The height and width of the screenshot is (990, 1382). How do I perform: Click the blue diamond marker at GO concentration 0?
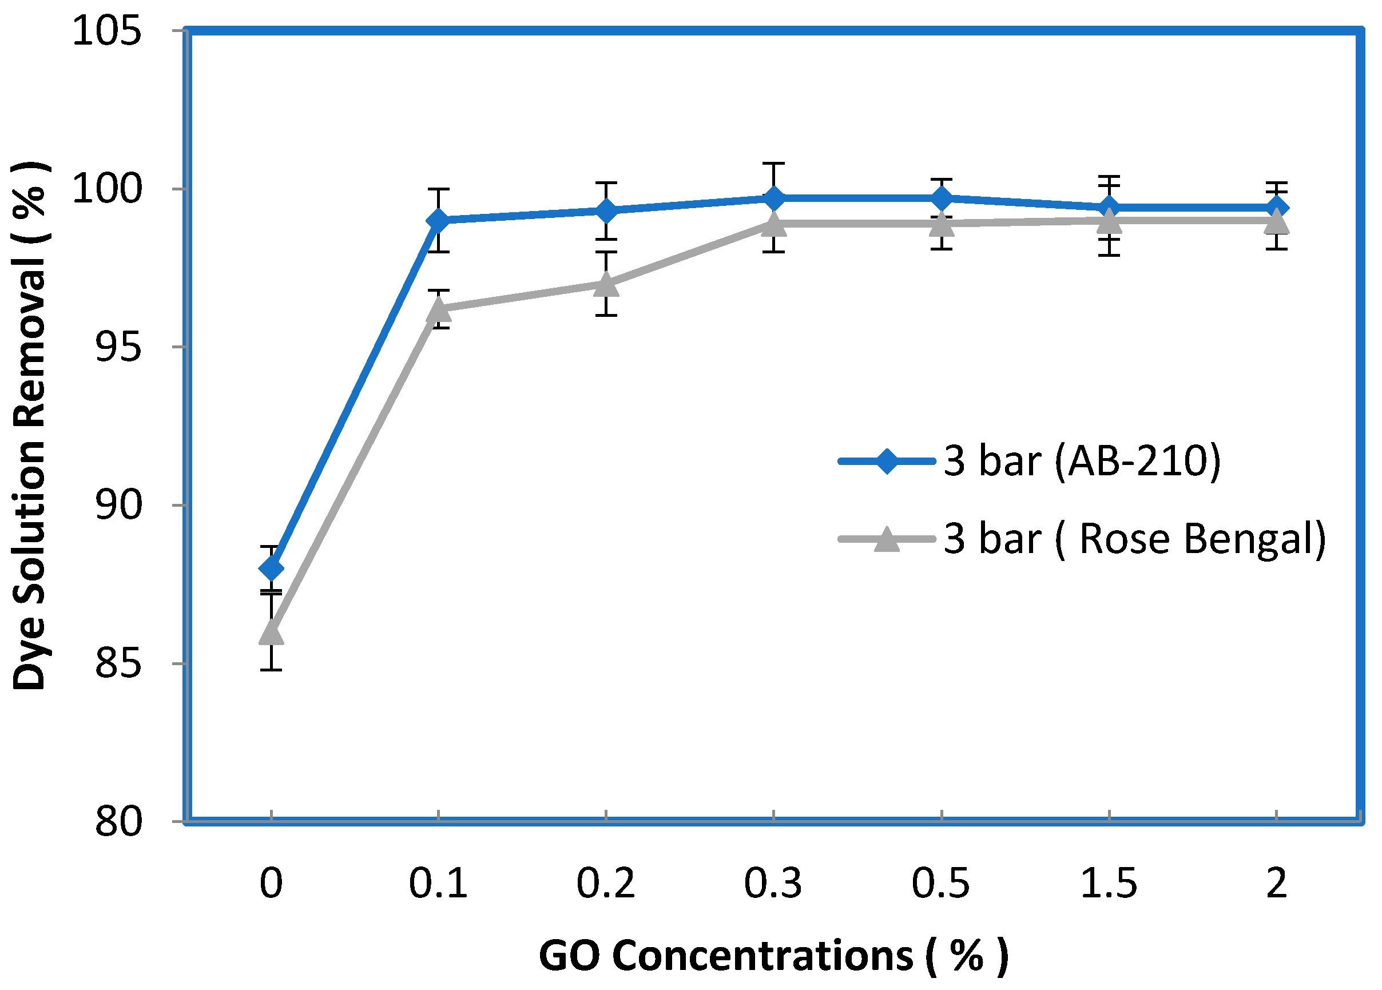(x=271, y=569)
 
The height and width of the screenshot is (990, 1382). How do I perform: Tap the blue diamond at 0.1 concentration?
(x=438, y=220)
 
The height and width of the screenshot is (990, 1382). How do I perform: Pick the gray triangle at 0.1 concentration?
(x=438, y=309)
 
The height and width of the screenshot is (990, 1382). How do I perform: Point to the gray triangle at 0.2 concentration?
(x=606, y=284)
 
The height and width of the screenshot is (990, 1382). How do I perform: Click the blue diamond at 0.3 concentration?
(x=774, y=198)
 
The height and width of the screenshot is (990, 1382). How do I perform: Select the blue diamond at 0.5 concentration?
(x=942, y=198)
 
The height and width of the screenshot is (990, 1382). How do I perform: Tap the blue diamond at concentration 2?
(x=1277, y=208)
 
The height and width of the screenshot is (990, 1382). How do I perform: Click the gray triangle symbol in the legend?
(x=887, y=540)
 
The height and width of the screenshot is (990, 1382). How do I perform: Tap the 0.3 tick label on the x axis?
(x=773, y=884)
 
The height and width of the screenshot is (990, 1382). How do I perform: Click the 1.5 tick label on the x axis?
(x=1109, y=884)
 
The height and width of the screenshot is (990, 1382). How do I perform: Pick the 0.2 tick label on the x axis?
(x=605, y=884)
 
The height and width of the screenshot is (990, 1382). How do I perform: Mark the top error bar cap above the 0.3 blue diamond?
(x=774, y=163)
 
